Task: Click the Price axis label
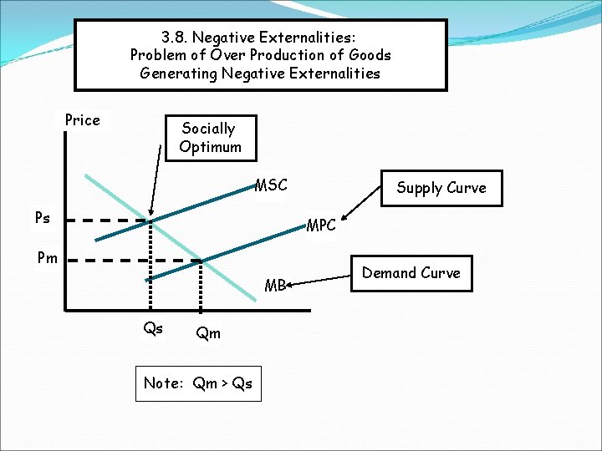82,120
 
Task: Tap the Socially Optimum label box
210,138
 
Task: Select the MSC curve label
271,185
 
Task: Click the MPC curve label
321,225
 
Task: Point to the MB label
275,286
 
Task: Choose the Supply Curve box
441,188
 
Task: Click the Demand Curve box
411,273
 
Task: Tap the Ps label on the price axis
42,218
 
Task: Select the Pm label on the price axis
47,257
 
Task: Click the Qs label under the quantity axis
153,328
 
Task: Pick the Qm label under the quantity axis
207,333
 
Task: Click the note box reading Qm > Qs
198,383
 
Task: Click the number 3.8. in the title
177,38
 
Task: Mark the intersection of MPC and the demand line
201,261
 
